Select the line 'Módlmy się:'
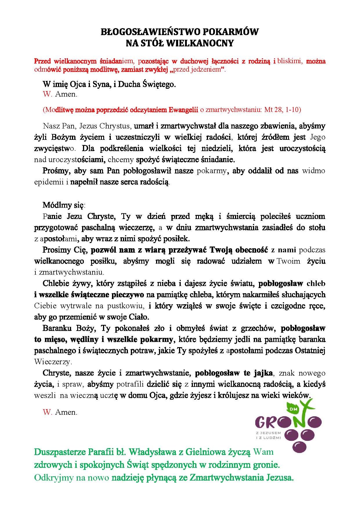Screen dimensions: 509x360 [64, 205]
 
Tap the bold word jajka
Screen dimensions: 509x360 [263, 373]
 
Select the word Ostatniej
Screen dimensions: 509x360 [310, 351]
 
